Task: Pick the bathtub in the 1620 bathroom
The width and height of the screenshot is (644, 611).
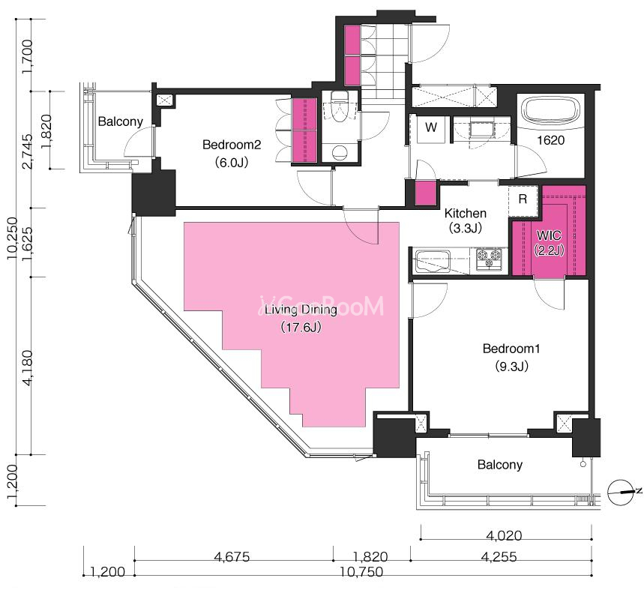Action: (x=550, y=109)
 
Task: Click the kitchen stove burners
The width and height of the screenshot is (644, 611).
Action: (x=489, y=259)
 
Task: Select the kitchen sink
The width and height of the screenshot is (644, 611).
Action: (x=433, y=261)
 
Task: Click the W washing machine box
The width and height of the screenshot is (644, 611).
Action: (x=431, y=128)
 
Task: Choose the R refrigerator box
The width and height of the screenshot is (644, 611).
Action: (x=523, y=201)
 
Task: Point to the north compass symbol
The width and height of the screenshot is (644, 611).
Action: (x=620, y=492)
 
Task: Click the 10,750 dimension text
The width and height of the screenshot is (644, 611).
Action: (x=361, y=571)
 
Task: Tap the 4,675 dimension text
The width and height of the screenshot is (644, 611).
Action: (x=232, y=557)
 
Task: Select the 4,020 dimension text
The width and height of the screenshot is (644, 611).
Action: (x=504, y=535)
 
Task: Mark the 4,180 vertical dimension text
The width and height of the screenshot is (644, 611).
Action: (x=28, y=368)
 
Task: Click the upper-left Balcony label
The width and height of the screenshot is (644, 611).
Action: (x=121, y=121)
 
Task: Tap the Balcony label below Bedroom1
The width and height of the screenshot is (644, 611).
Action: (x=500, y=465)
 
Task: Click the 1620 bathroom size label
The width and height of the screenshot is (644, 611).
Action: (x=551, y=140)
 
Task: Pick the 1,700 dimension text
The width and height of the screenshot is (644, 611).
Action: (x=28, y=56)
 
